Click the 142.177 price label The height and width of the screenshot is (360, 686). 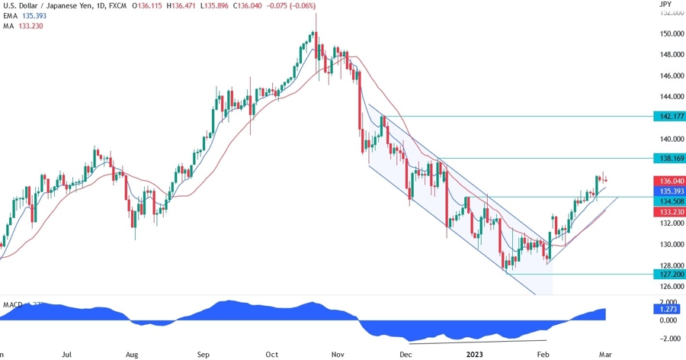(669, 116)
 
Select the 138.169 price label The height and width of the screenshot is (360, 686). (669, 159)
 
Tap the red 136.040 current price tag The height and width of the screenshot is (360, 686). (669, 181)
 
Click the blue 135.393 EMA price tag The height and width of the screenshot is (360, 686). (669, 191)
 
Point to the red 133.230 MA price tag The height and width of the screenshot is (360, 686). (669, 212)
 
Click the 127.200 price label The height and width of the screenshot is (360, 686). (669, 274)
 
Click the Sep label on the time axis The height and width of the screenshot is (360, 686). (203, 354)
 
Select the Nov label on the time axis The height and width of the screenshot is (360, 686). (337, 354)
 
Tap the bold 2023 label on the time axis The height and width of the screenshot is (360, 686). (474, 354)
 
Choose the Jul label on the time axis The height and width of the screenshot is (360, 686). (67, 354)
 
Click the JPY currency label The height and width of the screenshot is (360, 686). (665, 5)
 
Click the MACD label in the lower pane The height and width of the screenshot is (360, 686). (12, 304)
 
